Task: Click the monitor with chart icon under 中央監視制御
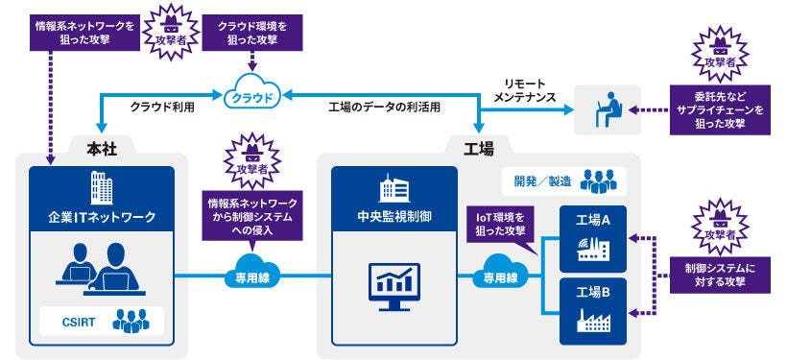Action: click(393, 283)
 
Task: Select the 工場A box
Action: click(592, 236)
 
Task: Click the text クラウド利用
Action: click(162, 107)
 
